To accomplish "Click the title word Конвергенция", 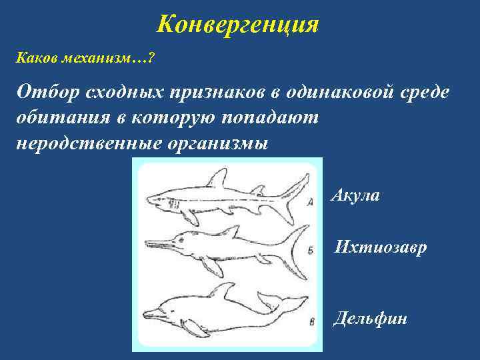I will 238,26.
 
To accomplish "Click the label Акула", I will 355,196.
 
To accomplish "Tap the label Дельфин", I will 369,318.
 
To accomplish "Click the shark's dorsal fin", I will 217,178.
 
